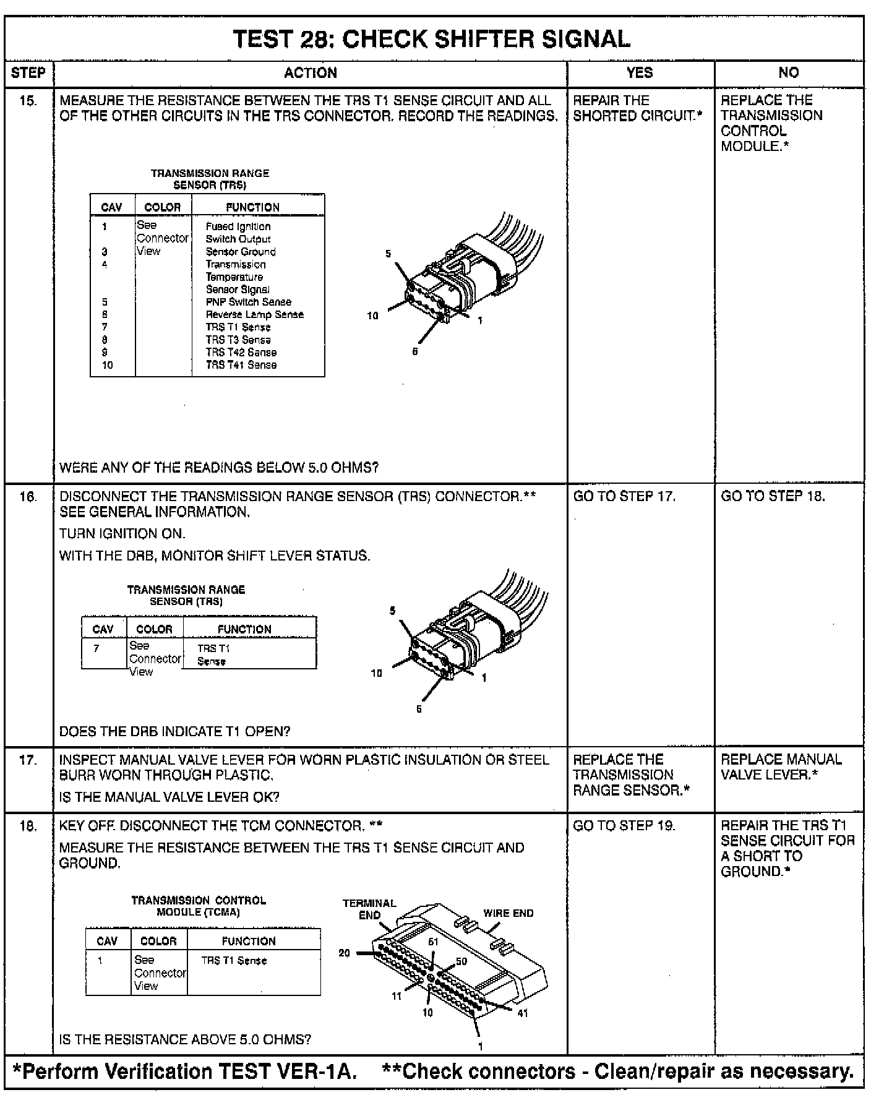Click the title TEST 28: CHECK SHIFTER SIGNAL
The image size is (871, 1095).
coord(432,40)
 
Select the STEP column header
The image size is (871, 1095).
coord(28,73)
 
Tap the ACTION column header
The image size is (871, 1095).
coord(311,73)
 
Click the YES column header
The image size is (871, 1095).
coord(640,73)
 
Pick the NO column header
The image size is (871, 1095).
coord(789,73)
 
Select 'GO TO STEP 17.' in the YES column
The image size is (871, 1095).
coord(624,496)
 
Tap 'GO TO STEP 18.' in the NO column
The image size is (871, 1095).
coord(773,496)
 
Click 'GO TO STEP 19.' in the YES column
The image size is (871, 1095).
coord(624,825)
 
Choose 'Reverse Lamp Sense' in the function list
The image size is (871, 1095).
coord(254,314)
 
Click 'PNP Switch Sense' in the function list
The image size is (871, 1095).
coord(248,302)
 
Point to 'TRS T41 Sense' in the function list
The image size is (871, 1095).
coord(241,365)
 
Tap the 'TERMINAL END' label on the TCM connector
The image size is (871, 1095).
coord(369,909)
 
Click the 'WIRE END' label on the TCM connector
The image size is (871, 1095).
coord(508,913)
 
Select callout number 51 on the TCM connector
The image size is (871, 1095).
coord(433,942)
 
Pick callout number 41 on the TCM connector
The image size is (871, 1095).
coord(523,1013)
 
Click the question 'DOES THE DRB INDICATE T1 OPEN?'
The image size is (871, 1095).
coord(174,731)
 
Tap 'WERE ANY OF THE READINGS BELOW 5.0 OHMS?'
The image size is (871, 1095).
coord(218,468)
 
